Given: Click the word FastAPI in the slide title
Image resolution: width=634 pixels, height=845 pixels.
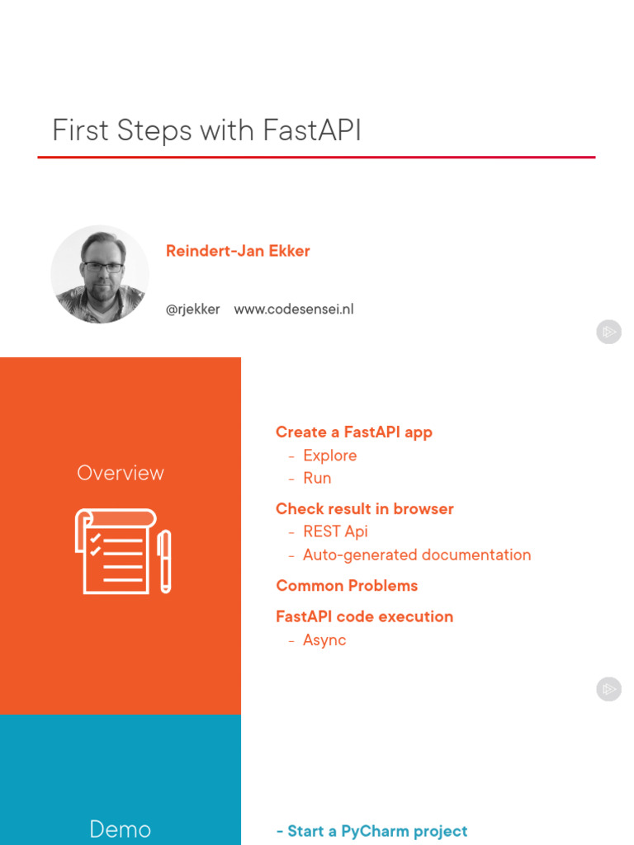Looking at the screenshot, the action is coord(312,130).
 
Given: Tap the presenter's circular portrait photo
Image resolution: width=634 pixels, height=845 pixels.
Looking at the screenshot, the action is coord(100,274).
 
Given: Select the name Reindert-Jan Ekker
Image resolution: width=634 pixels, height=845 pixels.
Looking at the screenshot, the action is coord(238,251).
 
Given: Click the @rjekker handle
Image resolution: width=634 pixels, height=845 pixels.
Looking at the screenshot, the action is coord(192,309).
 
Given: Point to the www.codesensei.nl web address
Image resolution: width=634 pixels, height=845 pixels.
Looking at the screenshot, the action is coord(294,309).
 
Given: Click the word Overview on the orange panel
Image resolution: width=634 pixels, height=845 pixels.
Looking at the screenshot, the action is coord(121,473).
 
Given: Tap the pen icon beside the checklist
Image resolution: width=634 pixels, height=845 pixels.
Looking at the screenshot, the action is coord(165,561).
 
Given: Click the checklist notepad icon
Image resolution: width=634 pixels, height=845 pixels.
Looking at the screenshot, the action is coord(116,550).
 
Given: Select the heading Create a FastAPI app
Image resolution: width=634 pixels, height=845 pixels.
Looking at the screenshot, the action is coord(353,432).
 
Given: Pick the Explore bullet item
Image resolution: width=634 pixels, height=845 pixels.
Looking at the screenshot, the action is coord(330,456).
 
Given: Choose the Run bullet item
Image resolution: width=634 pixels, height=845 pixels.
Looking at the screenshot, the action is coord(317,478).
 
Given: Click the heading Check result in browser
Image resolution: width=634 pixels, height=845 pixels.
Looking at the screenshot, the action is coord(364,508).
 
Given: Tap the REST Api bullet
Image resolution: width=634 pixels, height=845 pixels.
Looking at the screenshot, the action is coord(335,531).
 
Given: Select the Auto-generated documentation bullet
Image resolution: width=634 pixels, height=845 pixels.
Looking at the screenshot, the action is coord(417,555).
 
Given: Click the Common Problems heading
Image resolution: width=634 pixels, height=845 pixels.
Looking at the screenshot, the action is coord(347,586).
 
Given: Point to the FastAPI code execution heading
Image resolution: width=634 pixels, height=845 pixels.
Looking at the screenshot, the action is coord(364,616).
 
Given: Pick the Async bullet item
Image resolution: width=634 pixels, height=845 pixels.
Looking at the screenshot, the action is coord(324,640).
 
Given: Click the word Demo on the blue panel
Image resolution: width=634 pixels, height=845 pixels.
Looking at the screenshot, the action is coord(121,828).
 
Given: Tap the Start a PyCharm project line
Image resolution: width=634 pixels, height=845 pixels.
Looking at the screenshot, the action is coord(372,832).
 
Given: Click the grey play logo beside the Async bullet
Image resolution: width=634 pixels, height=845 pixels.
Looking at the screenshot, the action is coord(608,689).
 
